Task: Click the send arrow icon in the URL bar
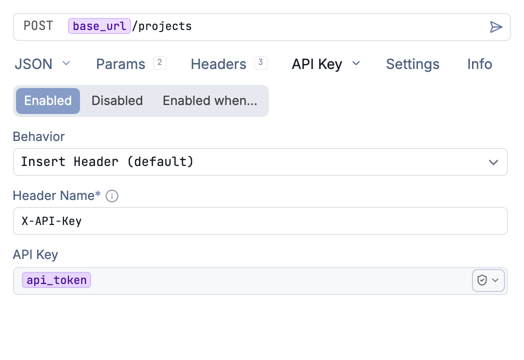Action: pyautogui.click(x=496, y=27)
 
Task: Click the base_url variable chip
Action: pyautogui.click(x=99, y=26)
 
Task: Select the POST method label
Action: pyautogui.click(x=38, y=25)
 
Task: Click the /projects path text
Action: pyautogui.click(x=161, y=26)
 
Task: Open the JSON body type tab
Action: pyautogui.click(x=33, y=64)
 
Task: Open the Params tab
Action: pyautogui.click(x=120, y=64)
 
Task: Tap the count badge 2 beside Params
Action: pyautogui.click(x=159, y=62)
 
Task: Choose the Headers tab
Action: pyautogui.click(x=218, y=64)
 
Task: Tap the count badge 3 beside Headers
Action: pyautogui.click(x=260, y=62)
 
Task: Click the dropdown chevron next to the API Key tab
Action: pyautogui.click(x=356, y=63)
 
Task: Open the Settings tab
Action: pyautogui.click(x=412, y=64)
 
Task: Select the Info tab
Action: pyautogui.click(x=479, y=64)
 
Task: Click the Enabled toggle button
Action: pyautogui.click(x=48, y=100)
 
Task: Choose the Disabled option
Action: pyautogui.click(x=117, y=100)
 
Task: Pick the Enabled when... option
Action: pyautogui.click(x=210, y=100)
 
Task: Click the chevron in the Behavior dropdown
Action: pyautogui.click(x=493, y=162)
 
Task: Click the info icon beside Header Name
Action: pyautogui.click(x=112, y=196)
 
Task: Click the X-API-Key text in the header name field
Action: pyautogui.click(x=51, y=221)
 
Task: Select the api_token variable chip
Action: pyautogui.click(x=56, y=280)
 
